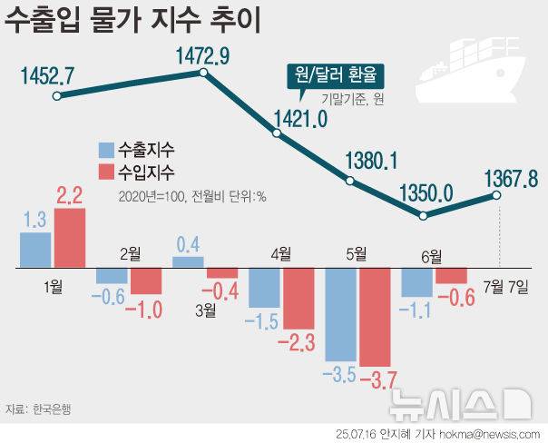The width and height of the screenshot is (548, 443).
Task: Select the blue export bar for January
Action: coord(35,251)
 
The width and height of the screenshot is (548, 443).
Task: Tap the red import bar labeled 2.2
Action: coord(70,239)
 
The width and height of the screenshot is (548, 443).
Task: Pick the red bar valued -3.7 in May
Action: coord(375,318)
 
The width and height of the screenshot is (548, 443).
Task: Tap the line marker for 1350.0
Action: coord(423,215)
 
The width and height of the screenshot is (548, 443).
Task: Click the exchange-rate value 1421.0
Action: coord(298,119)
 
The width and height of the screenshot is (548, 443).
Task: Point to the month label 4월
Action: coord(279,254)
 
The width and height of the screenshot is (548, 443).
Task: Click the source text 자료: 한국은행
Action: coord(38,409)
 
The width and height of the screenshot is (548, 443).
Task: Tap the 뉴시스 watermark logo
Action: coord(461,399)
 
